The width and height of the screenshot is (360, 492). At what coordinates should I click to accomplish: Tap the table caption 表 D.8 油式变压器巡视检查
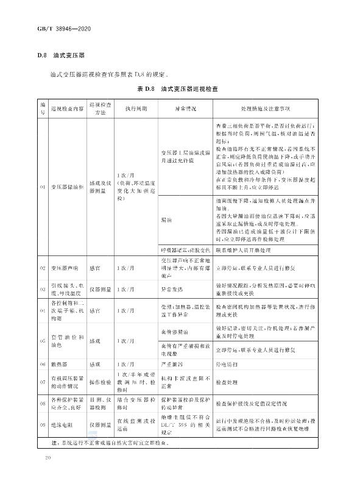[177, 90]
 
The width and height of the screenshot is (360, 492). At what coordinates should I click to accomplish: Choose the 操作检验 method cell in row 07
[99, 382]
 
